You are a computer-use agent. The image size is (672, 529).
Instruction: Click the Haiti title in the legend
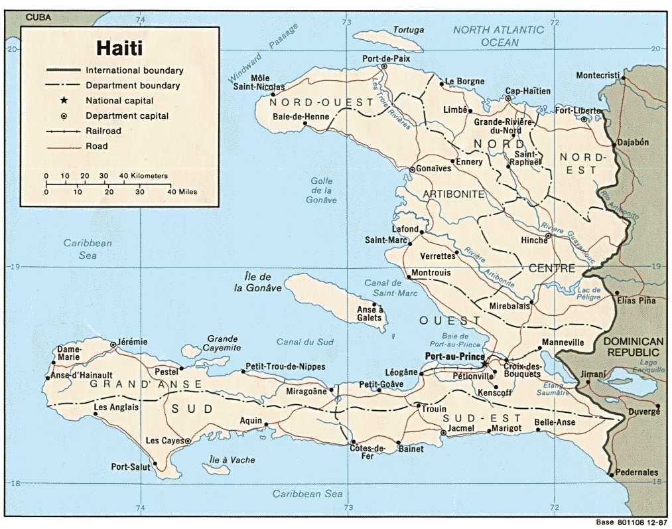(x=119, y=48)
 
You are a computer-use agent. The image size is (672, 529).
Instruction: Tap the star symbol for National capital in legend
(x=63, y=101)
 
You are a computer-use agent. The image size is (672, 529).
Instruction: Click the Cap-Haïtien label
(x=527, y=91)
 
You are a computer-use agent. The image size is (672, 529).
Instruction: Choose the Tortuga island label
(x=409, y=30)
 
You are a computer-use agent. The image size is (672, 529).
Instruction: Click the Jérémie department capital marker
(x=113, y=344)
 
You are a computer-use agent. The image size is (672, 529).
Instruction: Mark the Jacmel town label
(x=461, y=428)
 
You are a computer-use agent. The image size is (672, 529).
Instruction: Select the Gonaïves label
(x=434, y=169)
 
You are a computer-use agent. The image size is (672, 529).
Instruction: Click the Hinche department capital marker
(x=548, y=236)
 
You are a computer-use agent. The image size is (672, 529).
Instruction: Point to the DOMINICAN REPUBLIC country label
(x=634, y=346)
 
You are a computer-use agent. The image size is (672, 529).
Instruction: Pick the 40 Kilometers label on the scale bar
(x=143, y=176)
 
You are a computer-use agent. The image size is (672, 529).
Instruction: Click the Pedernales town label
(x=636, y=473)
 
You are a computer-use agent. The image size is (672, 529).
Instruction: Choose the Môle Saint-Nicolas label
(x=263, y=82)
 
